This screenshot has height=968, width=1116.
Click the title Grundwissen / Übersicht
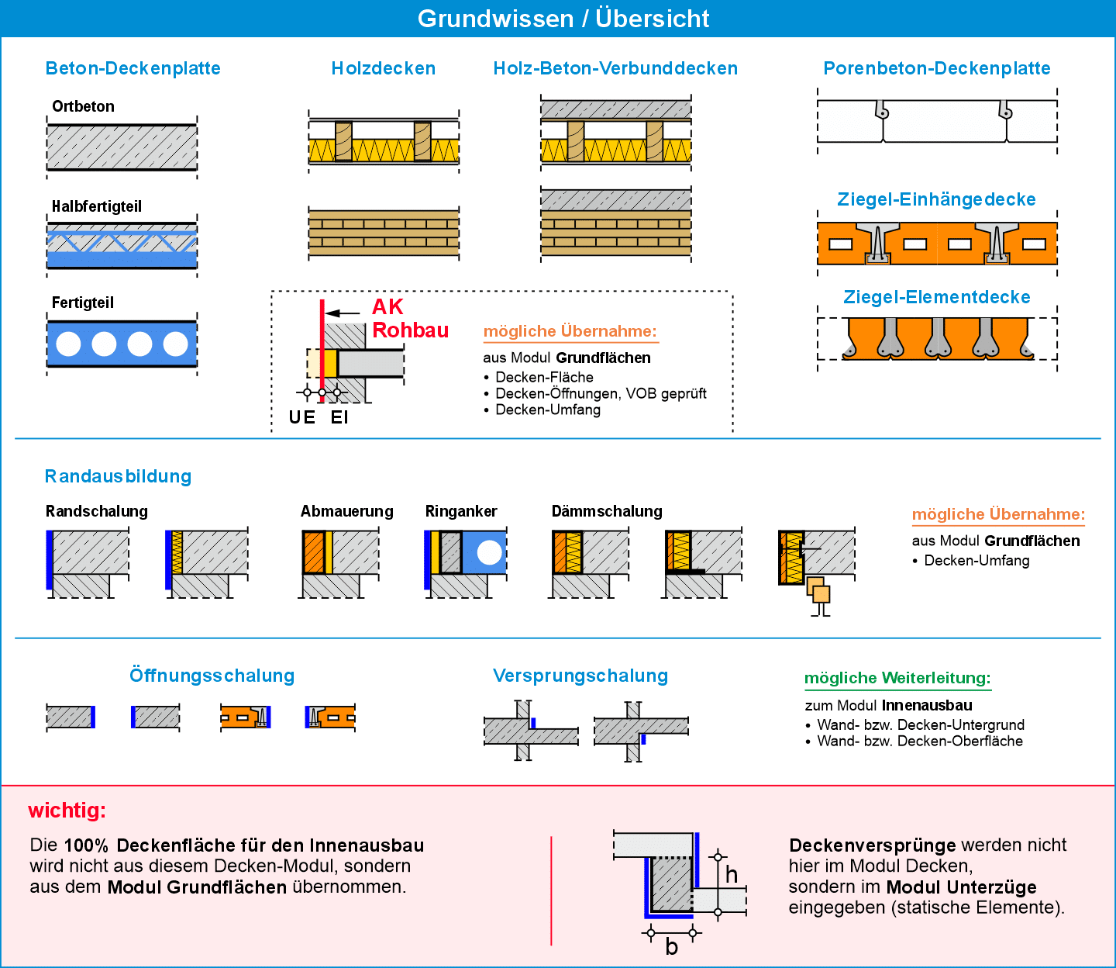(x=563, y=19)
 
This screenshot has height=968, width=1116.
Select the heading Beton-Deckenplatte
(x=133, y=68)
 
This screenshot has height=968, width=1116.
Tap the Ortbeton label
(x=83, y=106)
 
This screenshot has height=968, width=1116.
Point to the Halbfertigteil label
(x=97, y=206)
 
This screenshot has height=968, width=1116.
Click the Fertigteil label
(x=83, y=302)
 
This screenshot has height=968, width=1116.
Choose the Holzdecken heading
(x=384, y=68)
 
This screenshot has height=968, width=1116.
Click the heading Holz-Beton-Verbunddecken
(x=615, y=68)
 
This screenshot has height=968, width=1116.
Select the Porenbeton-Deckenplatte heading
(x=937, y=68)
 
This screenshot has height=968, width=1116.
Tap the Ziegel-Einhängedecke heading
(x=936, y=199)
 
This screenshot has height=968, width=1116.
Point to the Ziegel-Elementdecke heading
(x=936, y=297)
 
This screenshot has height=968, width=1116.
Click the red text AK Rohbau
(x=409, y=319)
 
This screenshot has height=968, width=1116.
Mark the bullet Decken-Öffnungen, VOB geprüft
(x=601, y=393)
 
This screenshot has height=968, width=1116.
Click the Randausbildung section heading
(x=118, y=476)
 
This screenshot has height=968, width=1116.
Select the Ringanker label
(x=461, y=511)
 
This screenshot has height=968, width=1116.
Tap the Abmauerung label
(x=346, y=511)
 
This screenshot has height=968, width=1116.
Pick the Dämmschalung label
(x=607, y=511)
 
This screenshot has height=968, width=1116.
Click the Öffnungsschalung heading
(x=212, y=676)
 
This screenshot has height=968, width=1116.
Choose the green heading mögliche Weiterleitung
(x=897, y=678)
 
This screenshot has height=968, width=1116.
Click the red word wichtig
(x=67, y=811)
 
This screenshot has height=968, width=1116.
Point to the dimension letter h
(x=731, y=876)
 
